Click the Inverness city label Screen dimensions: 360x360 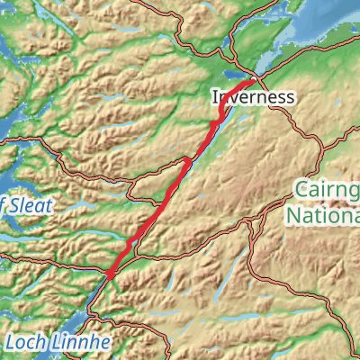[x=254, y=96]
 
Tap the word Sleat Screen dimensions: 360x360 [x=29, y=205]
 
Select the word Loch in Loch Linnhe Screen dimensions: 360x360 [x=25, y=342]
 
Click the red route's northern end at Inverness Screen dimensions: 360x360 [x=257, y=81]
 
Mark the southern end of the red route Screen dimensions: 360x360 [x=108, y=274]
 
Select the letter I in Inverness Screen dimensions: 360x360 [x=216, y=96]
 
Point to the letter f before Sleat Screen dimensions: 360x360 [x=3, y=205]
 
